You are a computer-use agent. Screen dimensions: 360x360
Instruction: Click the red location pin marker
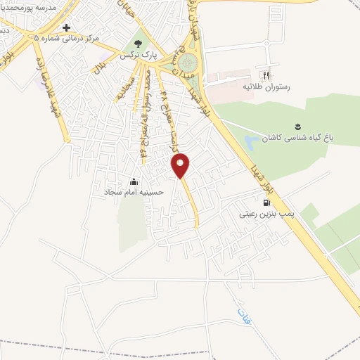[x=181, y=165]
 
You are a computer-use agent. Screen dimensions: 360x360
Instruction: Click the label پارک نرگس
[x=136, y=54]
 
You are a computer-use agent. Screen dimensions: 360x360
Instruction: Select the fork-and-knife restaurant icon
[x=265, y=75]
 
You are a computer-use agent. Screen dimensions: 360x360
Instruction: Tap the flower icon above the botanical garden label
[x=297, y=127]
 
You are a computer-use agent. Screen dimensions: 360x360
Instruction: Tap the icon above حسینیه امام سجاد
[x=134, y=181]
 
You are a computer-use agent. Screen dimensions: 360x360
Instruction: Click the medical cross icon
[x=67, y=28]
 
